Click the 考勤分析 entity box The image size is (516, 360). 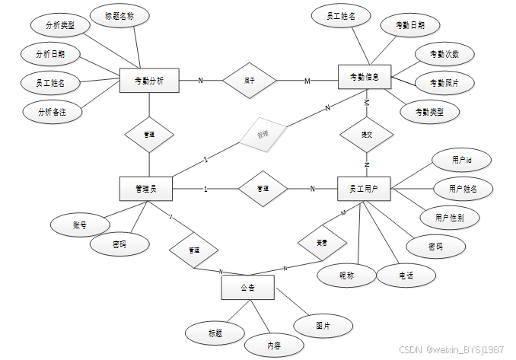coord(149,80)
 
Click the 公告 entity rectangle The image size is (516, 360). coord(247,288)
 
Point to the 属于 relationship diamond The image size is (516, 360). coord(248,79)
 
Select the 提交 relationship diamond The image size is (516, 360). coord(365,134)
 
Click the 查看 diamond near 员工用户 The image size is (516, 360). coord(323,242)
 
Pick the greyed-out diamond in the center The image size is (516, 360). coord(262,135)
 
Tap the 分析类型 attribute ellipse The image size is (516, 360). coord(60,25)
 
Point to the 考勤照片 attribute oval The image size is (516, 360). coord(444,82)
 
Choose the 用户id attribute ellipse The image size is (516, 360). coord(462,161)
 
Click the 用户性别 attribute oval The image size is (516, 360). coord(450,217)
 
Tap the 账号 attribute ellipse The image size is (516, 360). coord(80,225)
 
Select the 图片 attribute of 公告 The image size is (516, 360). coord(323,325)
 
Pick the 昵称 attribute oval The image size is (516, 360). coord(347,274)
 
